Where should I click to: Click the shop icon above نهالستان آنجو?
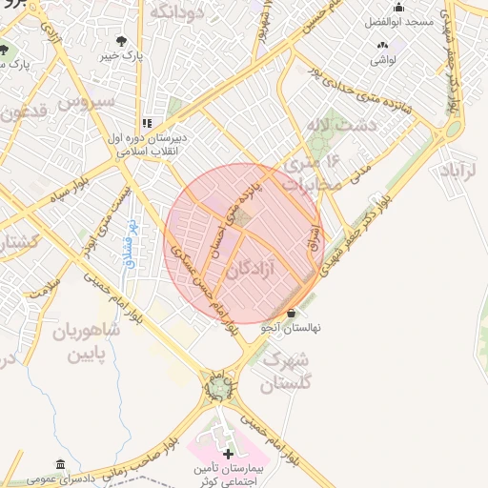292,313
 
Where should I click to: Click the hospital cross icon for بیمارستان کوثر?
227,451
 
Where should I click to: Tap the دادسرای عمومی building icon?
61,464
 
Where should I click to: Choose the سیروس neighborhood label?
86,100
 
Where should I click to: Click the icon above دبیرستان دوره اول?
147,123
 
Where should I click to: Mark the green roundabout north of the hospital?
221,388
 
